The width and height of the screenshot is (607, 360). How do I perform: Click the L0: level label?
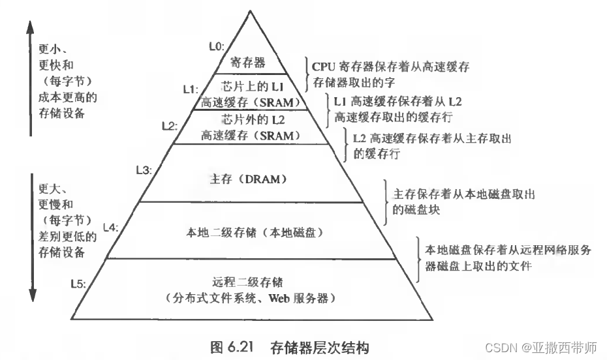pos(215,46)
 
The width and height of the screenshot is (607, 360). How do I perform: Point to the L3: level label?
pos(144,170)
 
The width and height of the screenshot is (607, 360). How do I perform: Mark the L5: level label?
pos(79,283)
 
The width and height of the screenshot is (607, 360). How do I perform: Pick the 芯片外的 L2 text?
pos(250,120)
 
